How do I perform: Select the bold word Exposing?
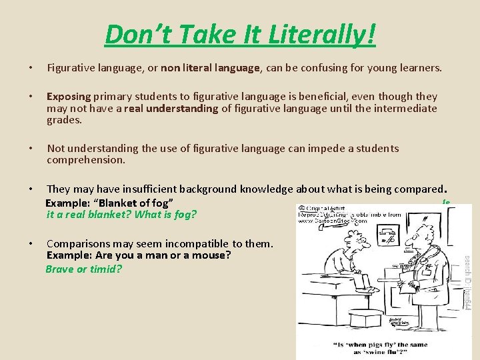[x=69, y=97]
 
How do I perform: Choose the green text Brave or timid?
[x=84, y=269]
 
